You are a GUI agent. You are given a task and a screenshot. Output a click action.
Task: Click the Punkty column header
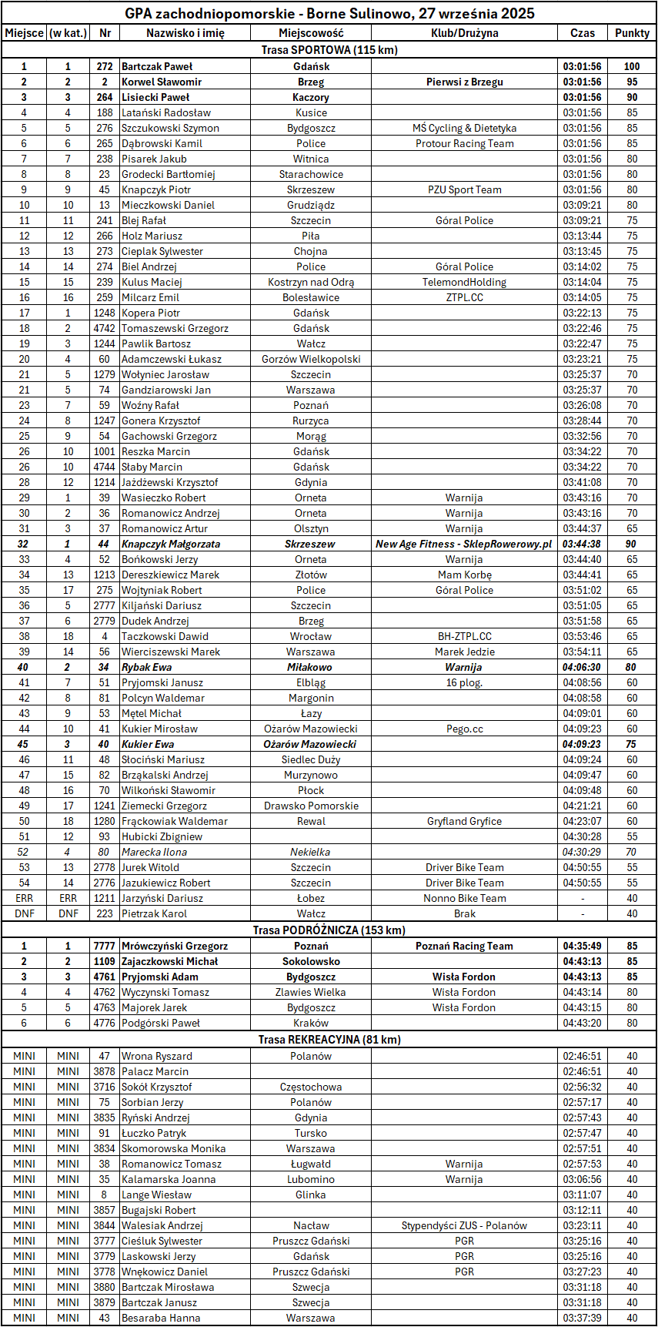[632, 33]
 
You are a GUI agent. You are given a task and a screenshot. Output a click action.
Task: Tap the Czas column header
[582, 33]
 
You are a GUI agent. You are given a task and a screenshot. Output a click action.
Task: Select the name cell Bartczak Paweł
[157, 66]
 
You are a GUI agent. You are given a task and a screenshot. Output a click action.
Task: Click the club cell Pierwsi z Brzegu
[464, 82]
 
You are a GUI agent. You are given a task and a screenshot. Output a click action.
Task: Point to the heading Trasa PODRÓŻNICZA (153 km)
[329, 930]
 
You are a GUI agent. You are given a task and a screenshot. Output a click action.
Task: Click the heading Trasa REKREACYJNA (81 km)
[329, 1040]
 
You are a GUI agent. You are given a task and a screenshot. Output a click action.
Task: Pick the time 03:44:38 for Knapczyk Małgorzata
[582, 544]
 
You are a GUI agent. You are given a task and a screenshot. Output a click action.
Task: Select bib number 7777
[104, 946]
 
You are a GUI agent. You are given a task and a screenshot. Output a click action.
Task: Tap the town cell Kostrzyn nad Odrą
[311, 282]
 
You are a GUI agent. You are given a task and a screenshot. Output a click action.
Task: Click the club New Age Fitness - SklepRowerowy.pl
[464, 544]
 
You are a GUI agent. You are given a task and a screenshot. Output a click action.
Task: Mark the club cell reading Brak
[464, 913]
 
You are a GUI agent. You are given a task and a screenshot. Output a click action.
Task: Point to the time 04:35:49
[582, 946]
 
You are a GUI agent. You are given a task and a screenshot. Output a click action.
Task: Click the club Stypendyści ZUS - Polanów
[464, 1225]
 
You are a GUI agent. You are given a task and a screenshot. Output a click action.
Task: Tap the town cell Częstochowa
[311, 1087]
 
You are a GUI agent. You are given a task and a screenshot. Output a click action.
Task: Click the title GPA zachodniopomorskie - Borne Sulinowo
[329, 13]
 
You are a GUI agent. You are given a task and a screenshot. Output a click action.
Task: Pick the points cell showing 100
[632, 66]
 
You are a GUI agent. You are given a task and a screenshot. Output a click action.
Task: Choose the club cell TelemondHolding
[464, 282]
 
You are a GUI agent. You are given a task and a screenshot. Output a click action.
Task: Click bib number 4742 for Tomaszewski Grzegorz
[104, 328]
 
